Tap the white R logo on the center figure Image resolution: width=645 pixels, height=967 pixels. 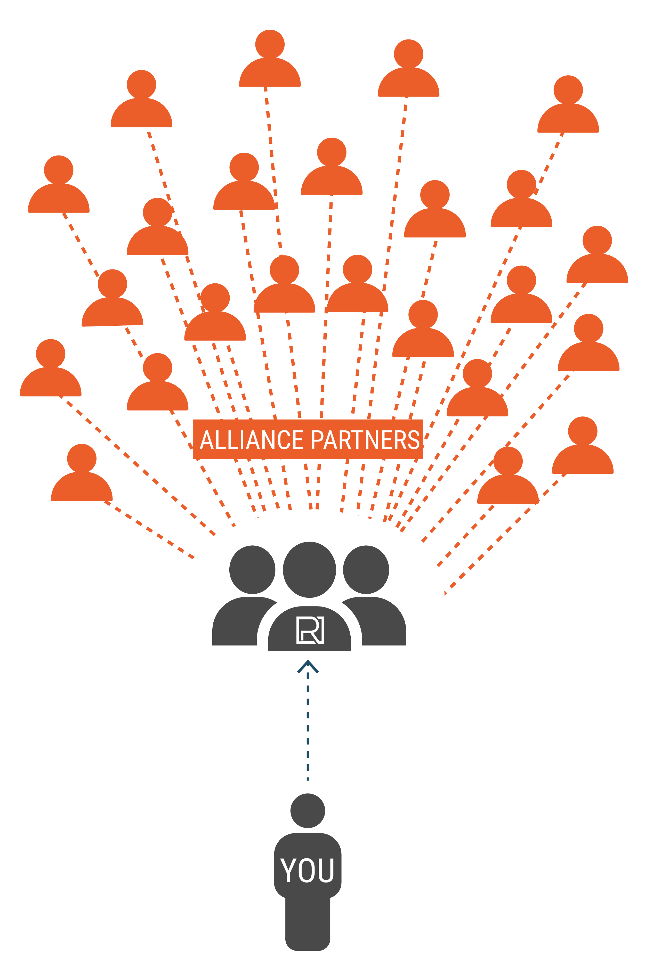click(x=310, y=630)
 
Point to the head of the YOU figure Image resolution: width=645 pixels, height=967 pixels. click(x=308, y=811)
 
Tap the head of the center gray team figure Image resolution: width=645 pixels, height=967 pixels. click(x=309, y=569)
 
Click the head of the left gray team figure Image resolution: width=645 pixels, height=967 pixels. click(x=252, y=569)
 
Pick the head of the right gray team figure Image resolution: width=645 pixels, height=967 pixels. click(x=366, y=569)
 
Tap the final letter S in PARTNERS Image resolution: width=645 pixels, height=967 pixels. click(x=413, y=440)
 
